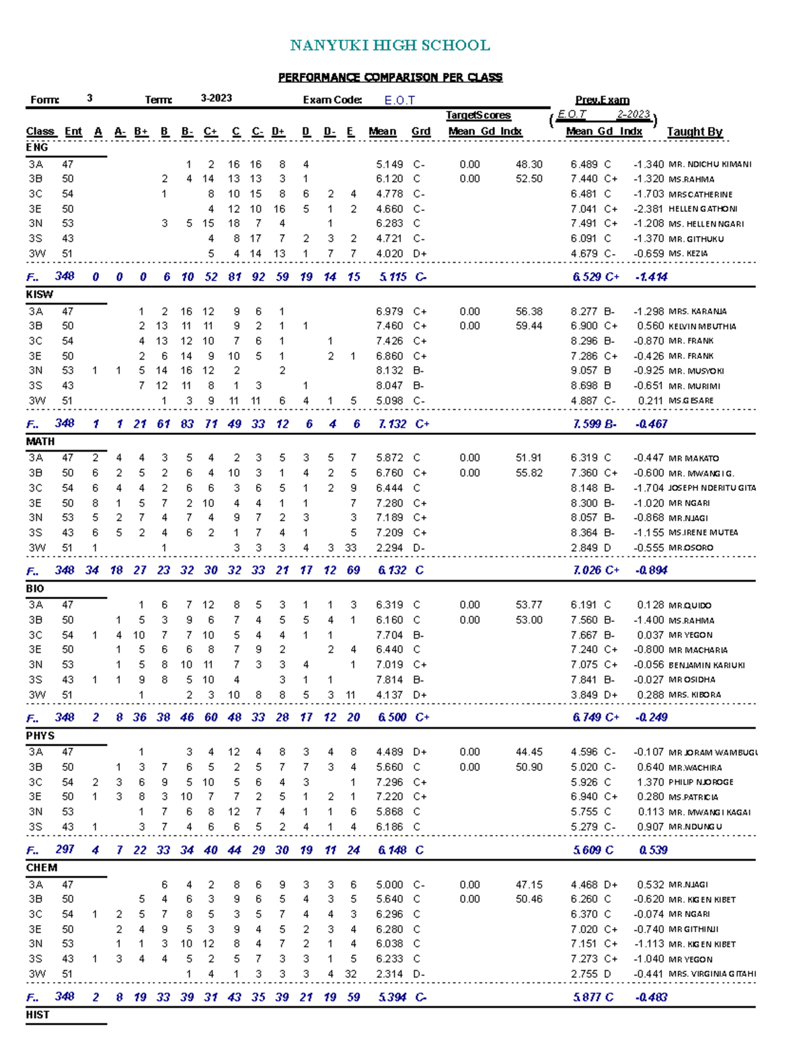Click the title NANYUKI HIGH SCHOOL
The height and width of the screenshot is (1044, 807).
pos(389,46)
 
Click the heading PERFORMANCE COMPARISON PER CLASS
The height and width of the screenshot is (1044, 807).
pos(390,77)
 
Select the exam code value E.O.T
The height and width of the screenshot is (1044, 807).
pos(399,100)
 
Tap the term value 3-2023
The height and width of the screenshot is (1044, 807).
pos(216,98)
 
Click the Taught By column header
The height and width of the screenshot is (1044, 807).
pos(694,132)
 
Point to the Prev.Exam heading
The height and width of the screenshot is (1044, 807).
pos(602,100)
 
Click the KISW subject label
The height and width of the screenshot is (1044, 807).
pos(39,294)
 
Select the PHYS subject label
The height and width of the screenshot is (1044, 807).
pos(40,735)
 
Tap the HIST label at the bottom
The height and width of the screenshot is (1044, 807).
pos(38,1014)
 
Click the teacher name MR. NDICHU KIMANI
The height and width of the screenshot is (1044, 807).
pos(709,165)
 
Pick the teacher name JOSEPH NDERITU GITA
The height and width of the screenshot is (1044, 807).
pos(712,488)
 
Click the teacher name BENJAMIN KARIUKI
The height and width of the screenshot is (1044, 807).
pos(706,665)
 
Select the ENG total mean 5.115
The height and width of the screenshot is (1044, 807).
pos(392,276)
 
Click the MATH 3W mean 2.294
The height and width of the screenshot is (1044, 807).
pos(389,548)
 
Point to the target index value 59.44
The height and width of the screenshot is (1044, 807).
pos(529,326)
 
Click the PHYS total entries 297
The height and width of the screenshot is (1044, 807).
pos(65,849)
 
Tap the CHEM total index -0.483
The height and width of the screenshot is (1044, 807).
pos(650,997)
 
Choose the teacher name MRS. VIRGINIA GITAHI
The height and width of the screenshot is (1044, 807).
pos(712,973)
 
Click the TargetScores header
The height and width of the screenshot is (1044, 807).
pos(478,116)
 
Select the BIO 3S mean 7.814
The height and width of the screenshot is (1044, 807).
pos(389,680)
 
